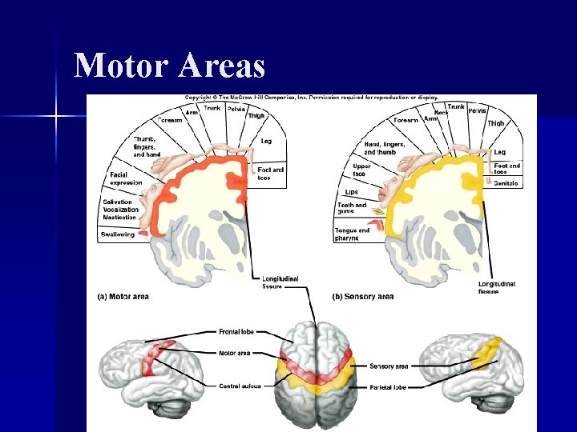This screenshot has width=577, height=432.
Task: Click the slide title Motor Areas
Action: (169, 65)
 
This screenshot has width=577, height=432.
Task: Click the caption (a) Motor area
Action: (123, 297)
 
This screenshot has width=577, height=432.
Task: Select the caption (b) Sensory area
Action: (362, 297)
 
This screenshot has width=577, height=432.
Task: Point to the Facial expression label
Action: (125, 178)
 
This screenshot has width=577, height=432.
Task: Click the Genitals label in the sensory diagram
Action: (506, 184)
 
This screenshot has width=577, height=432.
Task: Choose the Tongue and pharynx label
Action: (353, 234)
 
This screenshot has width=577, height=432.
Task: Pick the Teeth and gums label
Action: (352, 208)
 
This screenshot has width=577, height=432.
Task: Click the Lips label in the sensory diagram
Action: (351, 192)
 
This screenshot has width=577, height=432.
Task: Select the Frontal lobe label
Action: (237, 330)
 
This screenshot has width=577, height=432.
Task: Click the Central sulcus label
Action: (240, 386)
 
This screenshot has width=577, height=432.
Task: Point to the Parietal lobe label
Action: (389, 387)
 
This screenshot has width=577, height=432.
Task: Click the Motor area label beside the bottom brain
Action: (235, 353)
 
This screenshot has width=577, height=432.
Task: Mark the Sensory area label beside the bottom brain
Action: (389, 366)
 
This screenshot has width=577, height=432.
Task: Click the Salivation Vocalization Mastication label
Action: (121, 210)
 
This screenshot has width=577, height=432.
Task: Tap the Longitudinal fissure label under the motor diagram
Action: (280, 282)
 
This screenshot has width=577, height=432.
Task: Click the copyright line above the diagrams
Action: (312, 98)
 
